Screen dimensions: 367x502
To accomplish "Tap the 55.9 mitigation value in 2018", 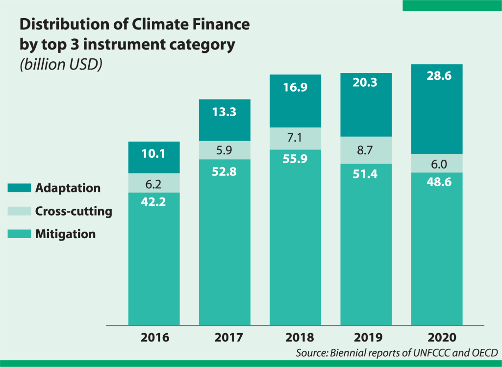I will click(295, 159).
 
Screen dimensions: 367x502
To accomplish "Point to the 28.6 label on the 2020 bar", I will click(436, 76).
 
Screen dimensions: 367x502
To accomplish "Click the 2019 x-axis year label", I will click(366, 338).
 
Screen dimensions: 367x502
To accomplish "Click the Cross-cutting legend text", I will click(74, 211).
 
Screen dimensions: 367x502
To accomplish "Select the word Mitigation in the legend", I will click(65, 234).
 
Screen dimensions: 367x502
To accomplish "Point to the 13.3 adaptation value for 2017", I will click(225, 112).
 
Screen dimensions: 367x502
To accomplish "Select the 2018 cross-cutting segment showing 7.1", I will click(295, 138).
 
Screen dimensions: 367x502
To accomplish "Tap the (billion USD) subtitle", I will click(61, 65).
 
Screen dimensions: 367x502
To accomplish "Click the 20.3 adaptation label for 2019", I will click(366, 84).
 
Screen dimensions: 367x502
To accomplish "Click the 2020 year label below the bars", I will click(436, 338).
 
